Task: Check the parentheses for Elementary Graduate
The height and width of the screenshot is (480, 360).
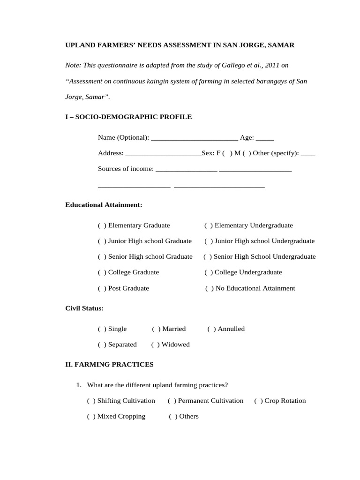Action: click(x=102, y=226)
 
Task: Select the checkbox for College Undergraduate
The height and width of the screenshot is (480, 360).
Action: click(x=208, y=272)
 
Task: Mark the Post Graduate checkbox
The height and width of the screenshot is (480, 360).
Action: click(x=102, y=289)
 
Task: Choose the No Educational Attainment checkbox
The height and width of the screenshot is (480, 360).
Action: click(x=209, y=289)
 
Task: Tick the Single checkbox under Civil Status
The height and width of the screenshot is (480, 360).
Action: click(x=102, y=329)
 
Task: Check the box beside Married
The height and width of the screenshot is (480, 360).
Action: click(x=156, y=329)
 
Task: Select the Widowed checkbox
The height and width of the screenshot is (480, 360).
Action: click(x=155, y=345)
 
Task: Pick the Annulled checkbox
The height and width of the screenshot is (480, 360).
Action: click(x=211, y=329)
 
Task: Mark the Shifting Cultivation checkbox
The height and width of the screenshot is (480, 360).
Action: click(x=91, y=401)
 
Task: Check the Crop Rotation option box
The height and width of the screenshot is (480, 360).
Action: click(x=258, y=401)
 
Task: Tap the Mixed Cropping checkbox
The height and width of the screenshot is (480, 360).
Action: click(x=91, y=417)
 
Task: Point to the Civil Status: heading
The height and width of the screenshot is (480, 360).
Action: click(x=84, y=308)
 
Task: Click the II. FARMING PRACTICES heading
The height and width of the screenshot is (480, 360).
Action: click(x=109, y=364)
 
